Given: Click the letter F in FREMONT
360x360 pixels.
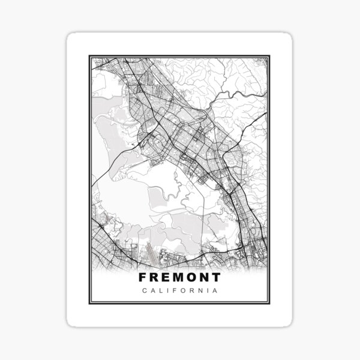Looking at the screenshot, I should (x=142, y=278).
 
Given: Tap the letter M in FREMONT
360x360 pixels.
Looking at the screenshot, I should (x=174, y=278).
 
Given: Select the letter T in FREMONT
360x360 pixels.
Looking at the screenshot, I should (x=216, y=278).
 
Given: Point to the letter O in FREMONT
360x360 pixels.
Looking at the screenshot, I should (x=189, y=278).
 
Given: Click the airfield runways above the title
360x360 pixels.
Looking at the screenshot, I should (x=148, y=253).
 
